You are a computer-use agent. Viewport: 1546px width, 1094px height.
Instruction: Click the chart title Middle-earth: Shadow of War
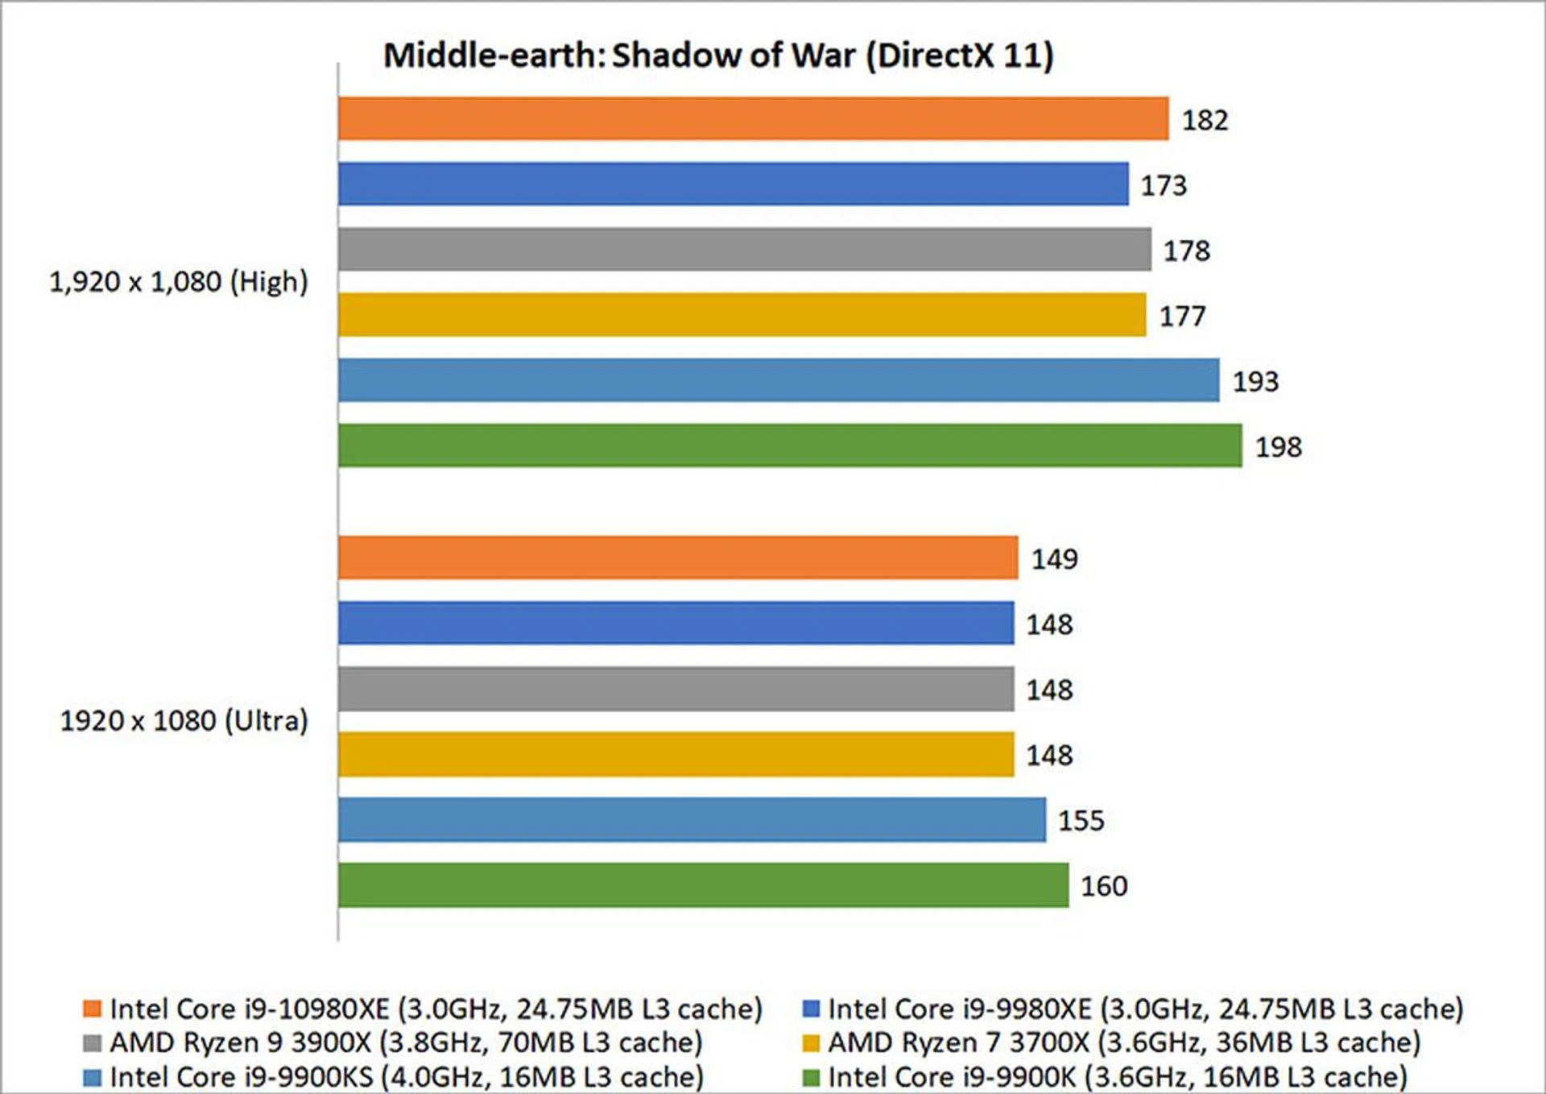point(718,56)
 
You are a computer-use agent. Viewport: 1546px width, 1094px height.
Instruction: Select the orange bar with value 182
point(753,119)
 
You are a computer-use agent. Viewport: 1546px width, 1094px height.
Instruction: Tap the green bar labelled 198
point(789,445)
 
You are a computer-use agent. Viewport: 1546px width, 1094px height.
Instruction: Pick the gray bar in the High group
point(744,250)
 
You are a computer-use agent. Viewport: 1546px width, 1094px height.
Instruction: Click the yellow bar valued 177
point(742,315)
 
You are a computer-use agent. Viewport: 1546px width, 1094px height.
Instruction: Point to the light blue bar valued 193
point(778,380)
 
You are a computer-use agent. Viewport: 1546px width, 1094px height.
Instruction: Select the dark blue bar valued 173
point(733,184)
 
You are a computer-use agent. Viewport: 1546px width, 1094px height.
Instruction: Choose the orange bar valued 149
point(678,557)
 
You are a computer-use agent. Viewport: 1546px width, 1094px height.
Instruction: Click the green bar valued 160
point(703,885)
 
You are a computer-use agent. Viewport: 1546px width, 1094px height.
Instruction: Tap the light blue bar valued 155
point(692,819)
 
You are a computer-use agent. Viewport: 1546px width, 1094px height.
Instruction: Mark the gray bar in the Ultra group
point(676,689)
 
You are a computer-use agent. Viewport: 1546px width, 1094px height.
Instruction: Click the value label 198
point(1278,446)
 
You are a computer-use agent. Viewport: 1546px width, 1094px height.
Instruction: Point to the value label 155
point(1081,820)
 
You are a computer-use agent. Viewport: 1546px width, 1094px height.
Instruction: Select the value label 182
point(1205,120)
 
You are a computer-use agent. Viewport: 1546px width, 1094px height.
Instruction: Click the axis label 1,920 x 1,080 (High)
point(179,282)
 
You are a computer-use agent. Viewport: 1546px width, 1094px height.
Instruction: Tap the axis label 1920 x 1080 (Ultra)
point(184,720)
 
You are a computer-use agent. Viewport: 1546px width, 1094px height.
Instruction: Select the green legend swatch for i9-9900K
point(811,1077)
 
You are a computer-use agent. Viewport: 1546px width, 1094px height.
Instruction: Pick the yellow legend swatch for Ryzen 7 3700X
point(811,1043)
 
